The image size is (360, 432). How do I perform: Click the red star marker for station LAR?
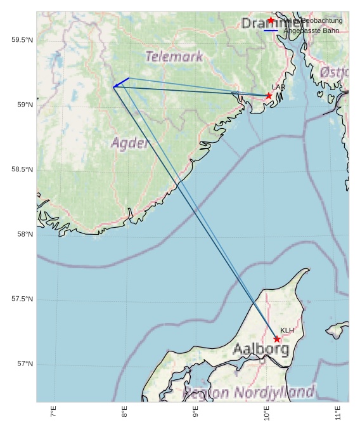pyautogui.click(x=269, y=96)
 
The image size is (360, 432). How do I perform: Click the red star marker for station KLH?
pyautogui.click(x=277, y=339)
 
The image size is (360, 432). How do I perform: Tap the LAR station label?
pyautogui.click(x=279, y=87)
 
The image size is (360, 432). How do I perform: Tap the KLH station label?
pyautogui.click(x=287, y=331)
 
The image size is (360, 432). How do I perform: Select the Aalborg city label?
pyautogui.click(x=261, y=349)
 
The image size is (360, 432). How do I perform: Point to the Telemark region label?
pyautogui.click(x=174, y=56)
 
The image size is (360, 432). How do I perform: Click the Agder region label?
pyautogui.click(x=130, y=143)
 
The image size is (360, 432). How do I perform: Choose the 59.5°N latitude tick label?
pyautogui.click(x=22, y=40)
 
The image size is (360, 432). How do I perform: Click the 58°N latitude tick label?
pyautogui.click(x=23, y=234)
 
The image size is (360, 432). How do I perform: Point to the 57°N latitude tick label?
pyautogui.click(x=23, y=364)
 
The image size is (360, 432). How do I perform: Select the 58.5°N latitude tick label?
pyautogui.click(x=22, y=169)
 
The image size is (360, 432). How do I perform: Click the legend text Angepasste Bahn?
pyautogui.click(x=311, y=30)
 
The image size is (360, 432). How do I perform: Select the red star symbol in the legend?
pyautogui.click(x=271, y=21)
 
